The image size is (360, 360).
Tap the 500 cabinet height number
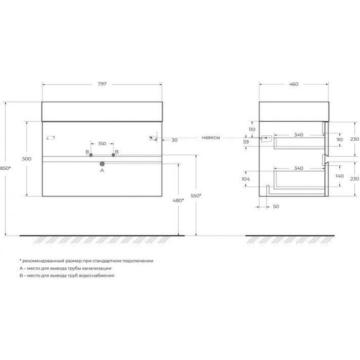(x=27, y=159)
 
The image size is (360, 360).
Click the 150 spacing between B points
(x=102, y=143)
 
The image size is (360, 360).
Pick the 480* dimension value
(x=179, y=200)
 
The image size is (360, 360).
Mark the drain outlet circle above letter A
(x=102, y=164)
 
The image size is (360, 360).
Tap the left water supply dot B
(x=91, y=153)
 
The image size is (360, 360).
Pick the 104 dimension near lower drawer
(x=245, y=179)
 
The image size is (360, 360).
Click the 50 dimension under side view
(x=276, y=207)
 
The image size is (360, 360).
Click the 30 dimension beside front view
(x=174, y=140)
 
